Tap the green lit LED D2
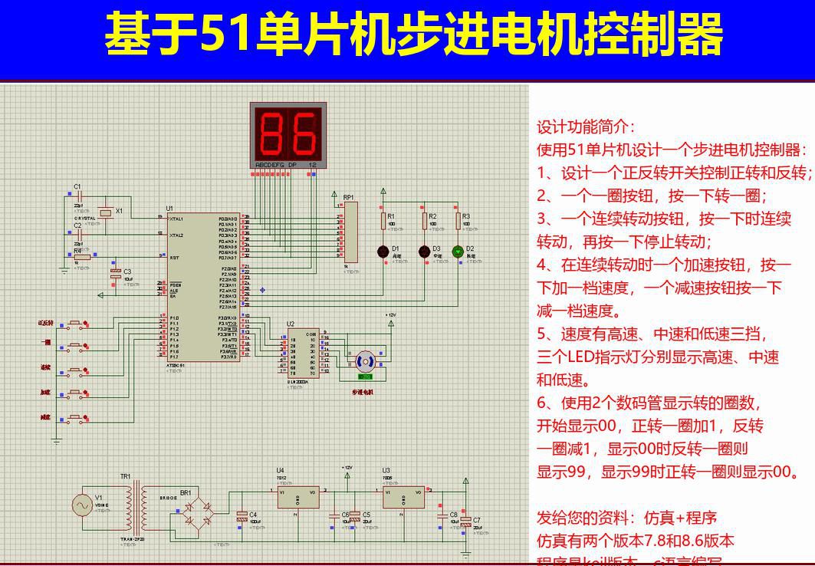(x=458, y=251)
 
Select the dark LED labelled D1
(x=383, y=251)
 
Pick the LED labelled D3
(x=423, y=251)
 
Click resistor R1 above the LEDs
(x=383, y=221)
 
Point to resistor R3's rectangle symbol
(x=458, y=221)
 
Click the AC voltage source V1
(x=83, y=505)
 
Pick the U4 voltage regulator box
(x=298, y=497)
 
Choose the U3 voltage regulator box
(x=404, y=497)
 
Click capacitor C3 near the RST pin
(x=116, y=273)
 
